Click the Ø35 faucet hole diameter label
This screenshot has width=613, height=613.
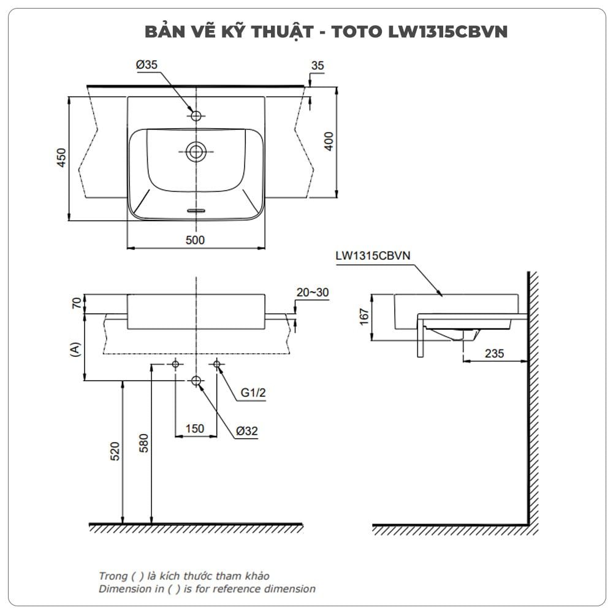(147, 64)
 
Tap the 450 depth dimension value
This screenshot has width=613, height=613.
(61, 158)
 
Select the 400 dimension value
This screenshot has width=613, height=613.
(329, 142)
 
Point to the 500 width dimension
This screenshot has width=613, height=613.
(195, 240)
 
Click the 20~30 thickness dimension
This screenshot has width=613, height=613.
(312, 293)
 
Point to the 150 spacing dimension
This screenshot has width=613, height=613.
(194, 428)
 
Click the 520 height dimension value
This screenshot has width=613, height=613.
(115, 451)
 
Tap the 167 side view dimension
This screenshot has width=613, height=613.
(364, 316)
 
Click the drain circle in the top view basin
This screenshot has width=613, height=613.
(196, 151)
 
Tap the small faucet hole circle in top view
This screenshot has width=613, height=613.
(196, 115)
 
